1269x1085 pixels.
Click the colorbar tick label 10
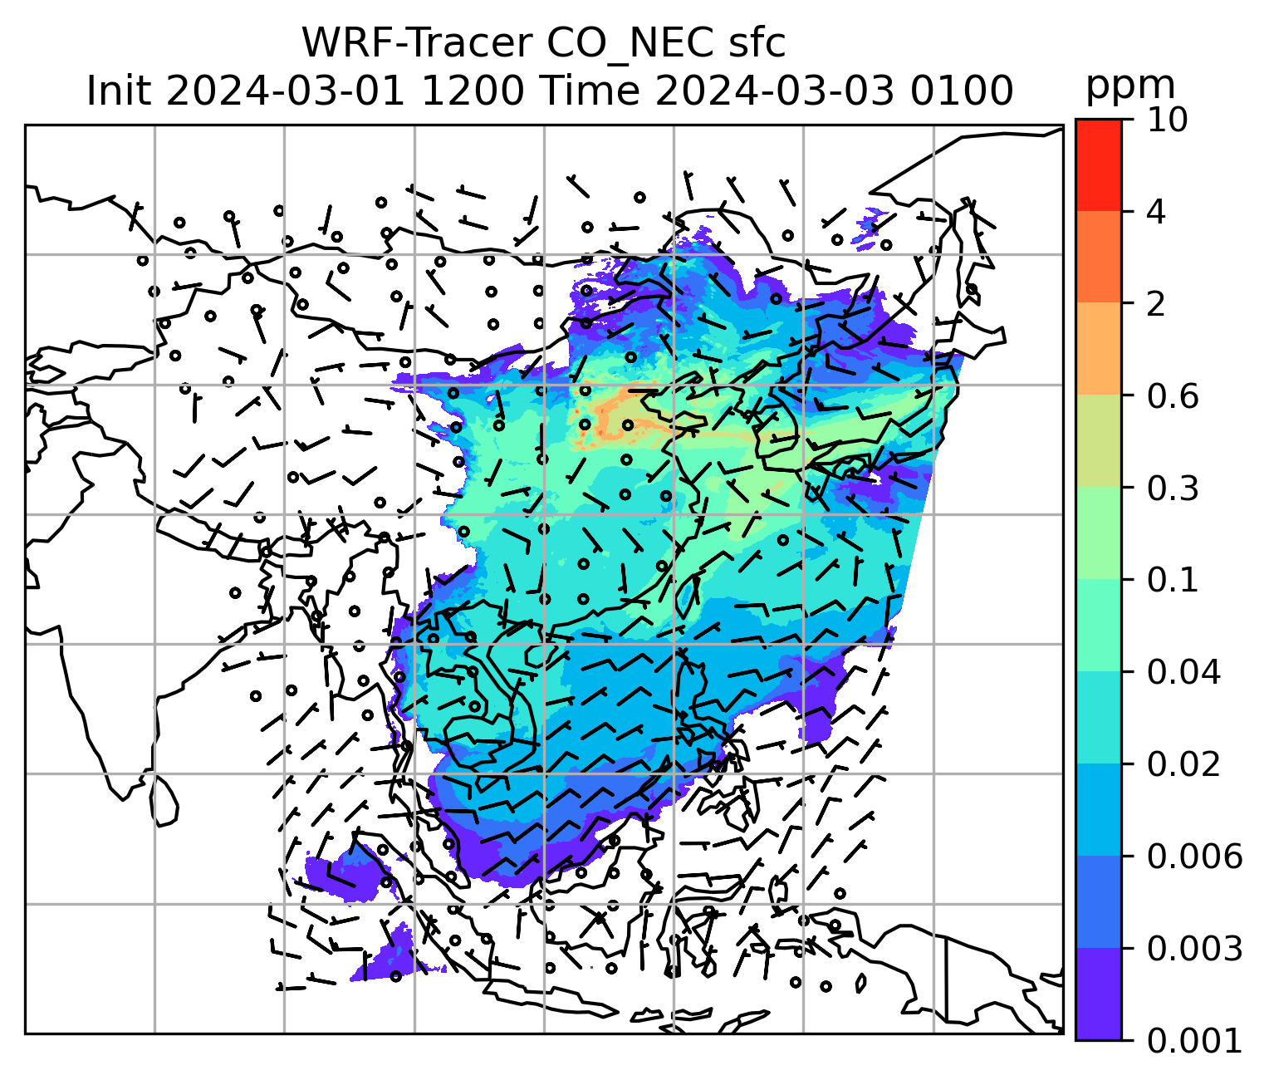1166,120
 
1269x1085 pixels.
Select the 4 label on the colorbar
1155,212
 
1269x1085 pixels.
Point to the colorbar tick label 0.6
1173,396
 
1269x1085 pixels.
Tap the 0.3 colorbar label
1173,488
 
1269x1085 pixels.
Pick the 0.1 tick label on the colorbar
1173,580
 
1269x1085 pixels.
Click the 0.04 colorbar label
1183,672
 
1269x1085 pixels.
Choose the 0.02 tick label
1183,764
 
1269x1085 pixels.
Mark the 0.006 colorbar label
1193,856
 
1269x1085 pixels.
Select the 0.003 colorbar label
1193,948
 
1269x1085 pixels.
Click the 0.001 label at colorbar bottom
1193,1040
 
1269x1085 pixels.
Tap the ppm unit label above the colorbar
1130,86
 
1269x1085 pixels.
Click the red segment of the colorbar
1098,164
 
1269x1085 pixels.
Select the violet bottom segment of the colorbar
1098,994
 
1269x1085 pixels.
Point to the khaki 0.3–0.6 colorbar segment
1098,442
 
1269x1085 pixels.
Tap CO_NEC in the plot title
610,43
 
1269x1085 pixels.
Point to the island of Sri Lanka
164,799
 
